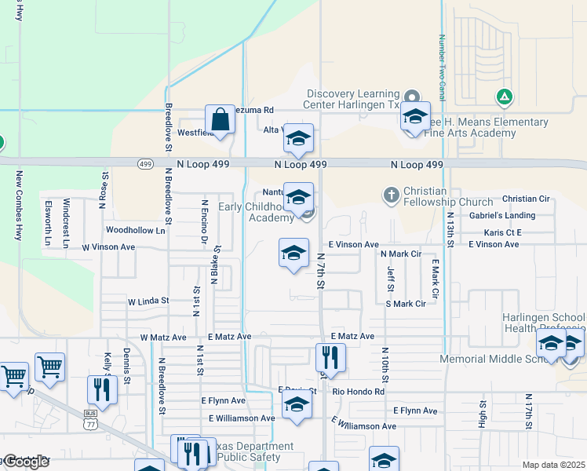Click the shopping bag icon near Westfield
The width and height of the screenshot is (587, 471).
point(221,121)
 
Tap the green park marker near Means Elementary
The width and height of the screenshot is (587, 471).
point(505,97)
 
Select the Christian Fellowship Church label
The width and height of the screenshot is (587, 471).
point(447,196)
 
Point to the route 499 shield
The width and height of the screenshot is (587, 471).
point(144,164)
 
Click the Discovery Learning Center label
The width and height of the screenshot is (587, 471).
point(353,99)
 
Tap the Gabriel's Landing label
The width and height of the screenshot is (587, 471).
point(502,215)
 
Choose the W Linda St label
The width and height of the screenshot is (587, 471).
point(148,301)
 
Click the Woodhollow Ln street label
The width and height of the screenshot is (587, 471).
point(136,231)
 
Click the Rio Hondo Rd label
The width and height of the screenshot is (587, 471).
point(359,392)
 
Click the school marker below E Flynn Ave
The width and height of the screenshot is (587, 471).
point(297,406)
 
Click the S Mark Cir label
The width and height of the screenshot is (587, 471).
point(405,303)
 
